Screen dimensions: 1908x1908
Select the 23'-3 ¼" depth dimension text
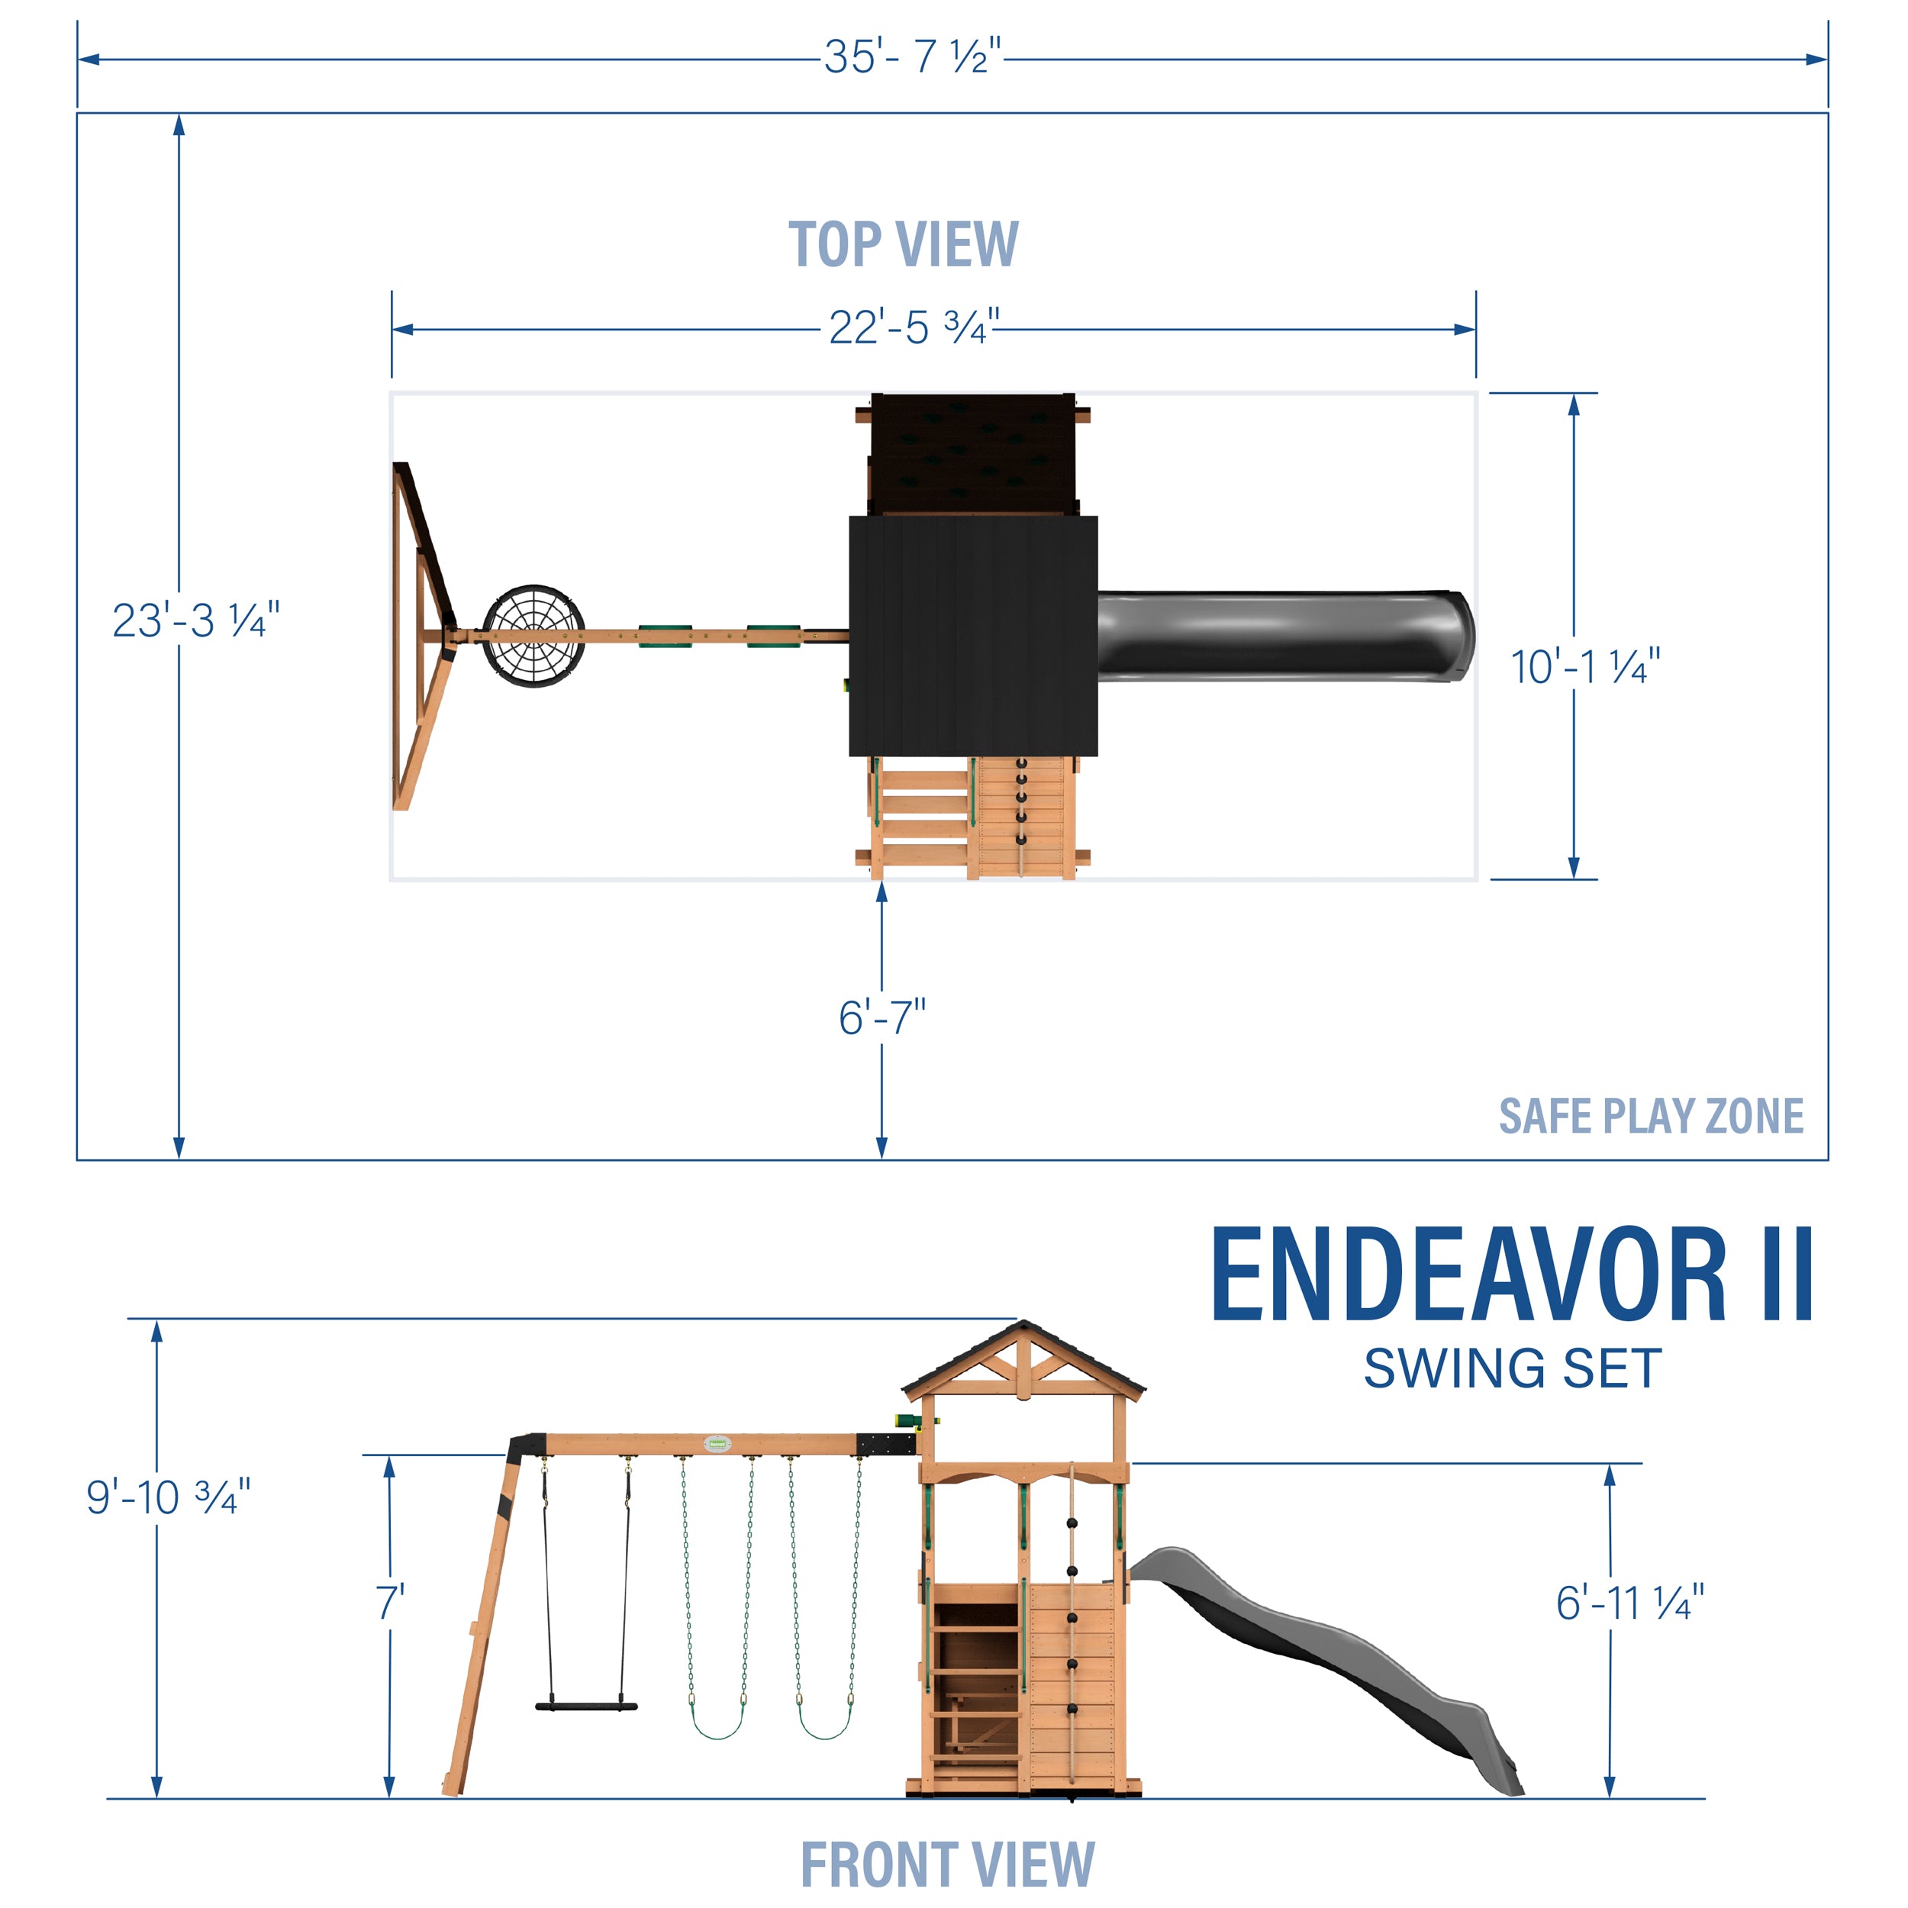click(x=195, y=621)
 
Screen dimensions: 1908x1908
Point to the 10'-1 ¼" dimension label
click(x=1584, y=668)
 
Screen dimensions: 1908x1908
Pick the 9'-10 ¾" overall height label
click(x=168, y=1498)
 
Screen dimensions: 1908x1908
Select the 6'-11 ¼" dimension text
click(x=1629, y=1603)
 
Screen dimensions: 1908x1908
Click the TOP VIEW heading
click(x=903, y=244)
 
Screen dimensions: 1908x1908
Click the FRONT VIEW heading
click(x=947, y=1864)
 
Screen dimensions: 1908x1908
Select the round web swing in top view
click(x=533, y=636)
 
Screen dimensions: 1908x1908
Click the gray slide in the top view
click(x=1284, y=635)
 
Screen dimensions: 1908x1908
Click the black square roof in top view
click(x=973, y=635)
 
